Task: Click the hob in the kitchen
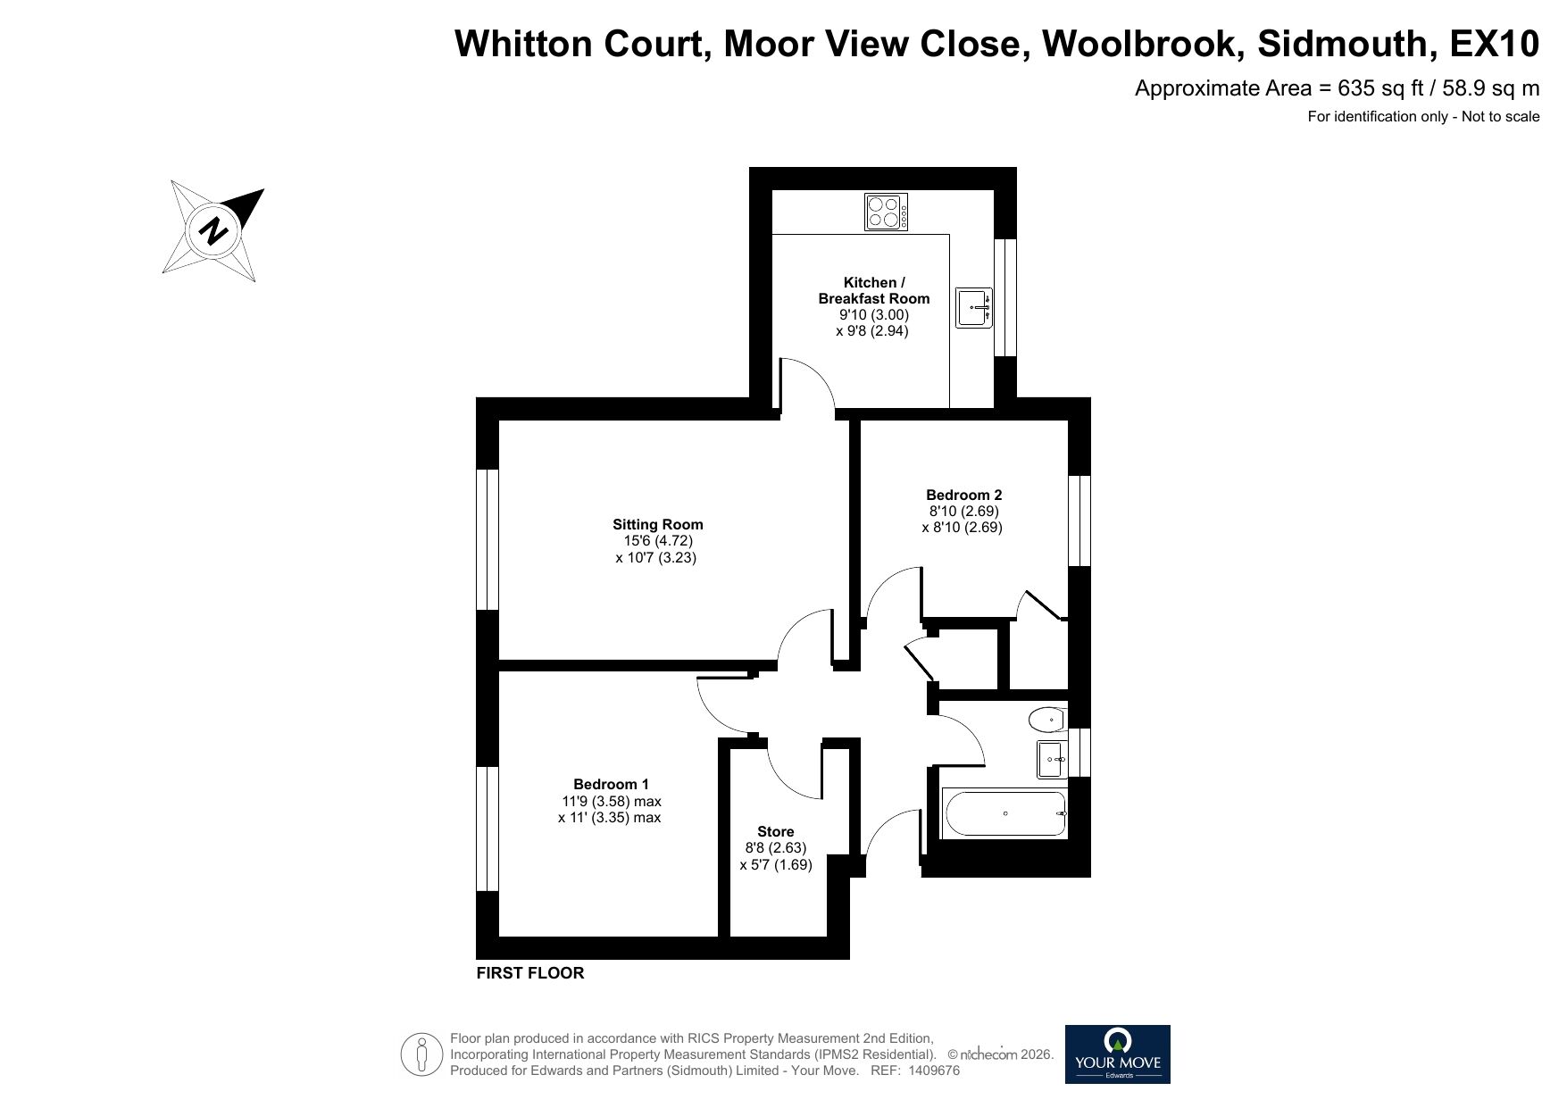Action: tap(887, 212)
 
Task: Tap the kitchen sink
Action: tap(974, 308)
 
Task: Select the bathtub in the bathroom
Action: tap(1004, 813)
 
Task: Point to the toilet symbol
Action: tap(1047, 719)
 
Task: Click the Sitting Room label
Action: tap(657, 525)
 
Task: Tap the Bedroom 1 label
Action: tap(611, 785)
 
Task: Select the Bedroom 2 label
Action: tap(963, 495)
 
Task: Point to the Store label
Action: tap(775, 831)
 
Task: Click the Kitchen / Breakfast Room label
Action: tap(873, 290)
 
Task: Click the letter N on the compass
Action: tap(213, 231)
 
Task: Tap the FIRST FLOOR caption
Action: tap(530, 973)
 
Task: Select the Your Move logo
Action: tap(1117, 1054)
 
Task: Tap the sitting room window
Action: tap(487, 539)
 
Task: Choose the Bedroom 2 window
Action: tap(1079, 521)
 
